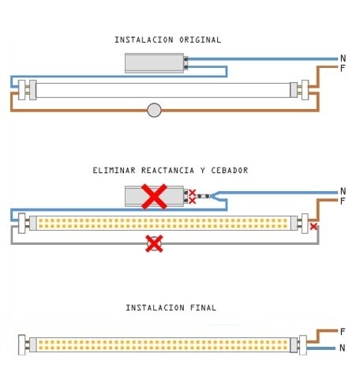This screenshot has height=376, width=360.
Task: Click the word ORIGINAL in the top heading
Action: (200, 39)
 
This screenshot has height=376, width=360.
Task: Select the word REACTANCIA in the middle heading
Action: (167, 171)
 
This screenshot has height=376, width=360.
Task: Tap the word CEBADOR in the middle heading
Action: (230, 171)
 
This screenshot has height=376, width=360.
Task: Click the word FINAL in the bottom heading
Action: (203, 307)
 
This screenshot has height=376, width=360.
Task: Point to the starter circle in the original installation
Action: (154, 110)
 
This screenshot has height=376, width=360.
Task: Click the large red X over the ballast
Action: (154, 197)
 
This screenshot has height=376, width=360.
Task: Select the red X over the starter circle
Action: (154, 243)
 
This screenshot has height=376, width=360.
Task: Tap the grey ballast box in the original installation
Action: (154, 63)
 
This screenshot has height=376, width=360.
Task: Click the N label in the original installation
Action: (343, 58)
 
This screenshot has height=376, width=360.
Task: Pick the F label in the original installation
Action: (343, 69)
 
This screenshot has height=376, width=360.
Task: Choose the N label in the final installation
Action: (342, 348)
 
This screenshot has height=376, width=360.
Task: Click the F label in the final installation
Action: (343, 332)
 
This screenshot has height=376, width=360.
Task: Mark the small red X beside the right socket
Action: (313, 227)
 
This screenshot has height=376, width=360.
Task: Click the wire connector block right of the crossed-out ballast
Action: (204, 196)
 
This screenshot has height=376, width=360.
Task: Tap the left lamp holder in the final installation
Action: (22, 344)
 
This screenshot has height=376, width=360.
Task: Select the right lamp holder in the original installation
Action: (305, 90)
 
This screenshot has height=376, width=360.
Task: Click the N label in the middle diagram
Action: (343, 191)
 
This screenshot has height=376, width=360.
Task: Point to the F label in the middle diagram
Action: (343, 201)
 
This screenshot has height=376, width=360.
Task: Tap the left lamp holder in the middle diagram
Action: (22, 224)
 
